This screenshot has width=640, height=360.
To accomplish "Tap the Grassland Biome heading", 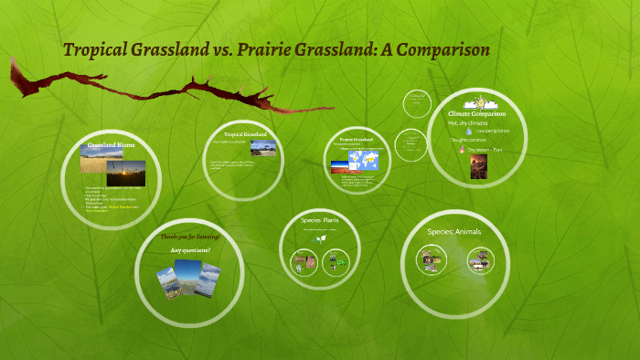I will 112,146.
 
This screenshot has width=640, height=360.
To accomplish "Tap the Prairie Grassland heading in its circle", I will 357,139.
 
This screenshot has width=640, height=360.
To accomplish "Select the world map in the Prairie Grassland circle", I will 373,162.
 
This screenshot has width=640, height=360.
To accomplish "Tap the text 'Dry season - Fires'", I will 485,149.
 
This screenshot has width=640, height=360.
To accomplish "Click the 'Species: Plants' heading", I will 321,220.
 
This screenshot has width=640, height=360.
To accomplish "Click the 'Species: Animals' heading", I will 454,231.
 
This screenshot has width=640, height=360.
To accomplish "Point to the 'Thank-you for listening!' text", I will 190,237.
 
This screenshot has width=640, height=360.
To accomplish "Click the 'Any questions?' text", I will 190,249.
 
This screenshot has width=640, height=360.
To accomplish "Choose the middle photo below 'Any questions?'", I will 187,278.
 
